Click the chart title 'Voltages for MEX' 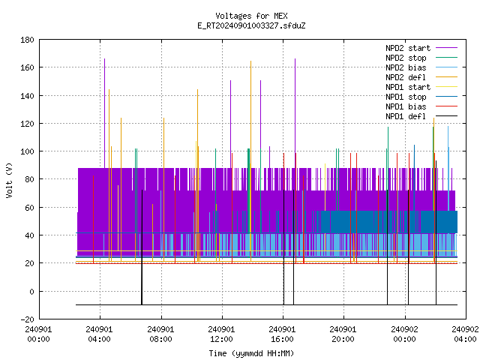point(251,16)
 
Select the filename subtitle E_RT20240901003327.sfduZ point(251,25)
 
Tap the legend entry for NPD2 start point(421,48)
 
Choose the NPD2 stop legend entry point(421,58)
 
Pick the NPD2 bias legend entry point(421,67)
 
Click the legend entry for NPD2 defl point(421,77)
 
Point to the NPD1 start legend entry point(421,87)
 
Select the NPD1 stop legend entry point(421,97)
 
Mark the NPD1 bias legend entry point(421,106)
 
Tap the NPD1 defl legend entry point(421,117)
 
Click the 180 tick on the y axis point(27,40)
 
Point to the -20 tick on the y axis point(27,319)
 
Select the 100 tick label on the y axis point(27,151)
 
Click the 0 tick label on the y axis point(31,292)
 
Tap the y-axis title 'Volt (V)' point(10,180)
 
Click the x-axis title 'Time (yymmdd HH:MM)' point(251,353)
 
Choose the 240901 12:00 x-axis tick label point(221,334)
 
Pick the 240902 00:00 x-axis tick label point(404,334)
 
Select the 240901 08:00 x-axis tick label point(160,334)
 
